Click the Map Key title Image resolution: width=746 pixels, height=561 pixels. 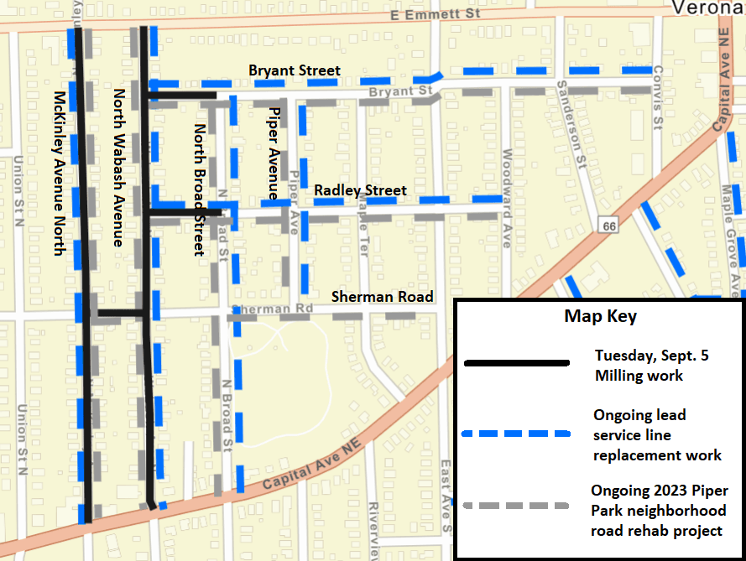click(600, 316)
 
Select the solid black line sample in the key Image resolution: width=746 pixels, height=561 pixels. click(516, 363)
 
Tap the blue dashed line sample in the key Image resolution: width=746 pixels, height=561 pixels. click(516, 434)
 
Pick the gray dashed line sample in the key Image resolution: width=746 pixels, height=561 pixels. click(516, 506)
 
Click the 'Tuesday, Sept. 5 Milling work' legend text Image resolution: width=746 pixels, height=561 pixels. click(651, 365)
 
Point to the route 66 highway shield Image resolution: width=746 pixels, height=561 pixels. click(608, 224)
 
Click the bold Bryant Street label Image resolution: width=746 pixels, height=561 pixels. click(295, 70)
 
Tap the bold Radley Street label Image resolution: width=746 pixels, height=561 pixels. click(360, 190)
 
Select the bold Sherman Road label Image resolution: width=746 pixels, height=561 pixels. click(382, 296)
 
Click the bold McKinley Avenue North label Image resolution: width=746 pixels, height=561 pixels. click(59, 171)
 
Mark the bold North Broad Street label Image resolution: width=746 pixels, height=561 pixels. click(200, 190)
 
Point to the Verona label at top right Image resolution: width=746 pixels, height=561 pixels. click(707, 8)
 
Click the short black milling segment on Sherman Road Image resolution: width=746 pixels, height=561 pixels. click(117, 314)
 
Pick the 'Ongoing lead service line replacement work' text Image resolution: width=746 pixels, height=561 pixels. click(657, 435)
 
